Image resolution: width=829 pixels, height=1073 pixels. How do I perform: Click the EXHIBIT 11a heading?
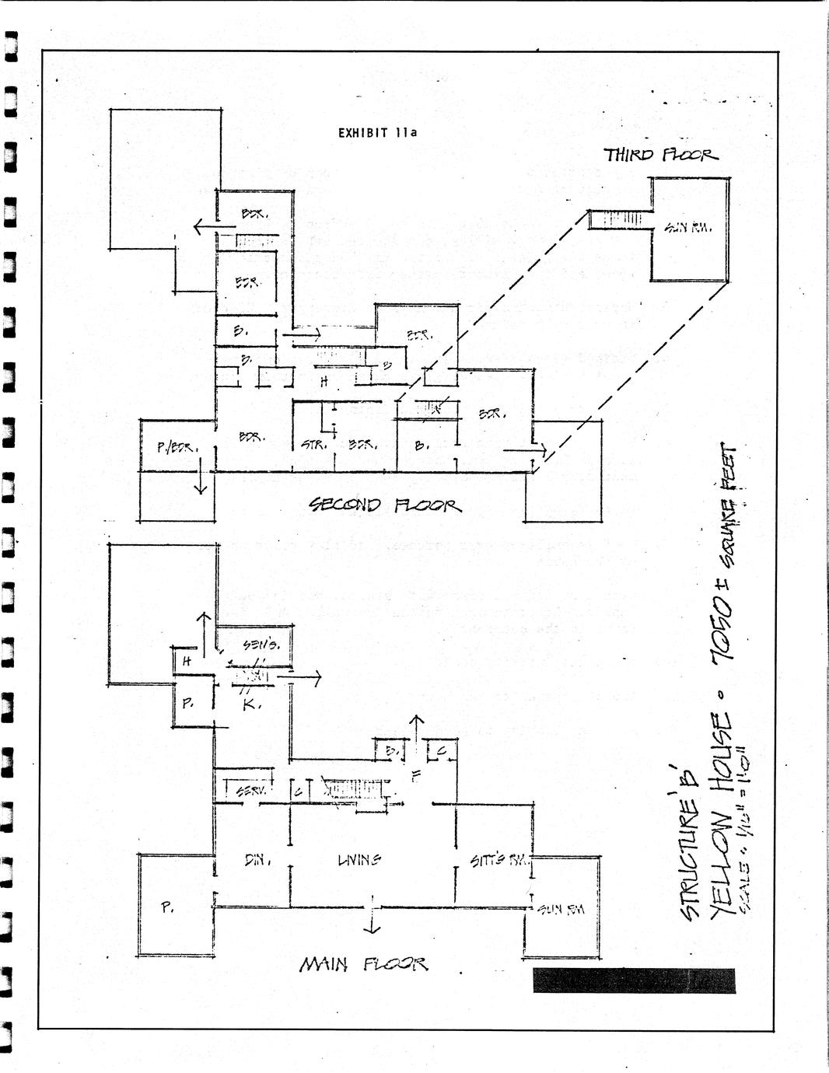pos(377,132)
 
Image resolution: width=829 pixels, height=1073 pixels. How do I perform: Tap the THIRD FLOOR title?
pos(660,155)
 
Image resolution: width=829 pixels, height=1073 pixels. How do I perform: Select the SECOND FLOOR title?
pos(385,505)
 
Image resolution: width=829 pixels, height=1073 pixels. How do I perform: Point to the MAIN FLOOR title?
pos(363,964)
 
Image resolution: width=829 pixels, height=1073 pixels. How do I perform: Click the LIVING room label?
pos(359,859)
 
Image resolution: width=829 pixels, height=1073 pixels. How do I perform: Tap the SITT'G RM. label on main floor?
pos(500,860)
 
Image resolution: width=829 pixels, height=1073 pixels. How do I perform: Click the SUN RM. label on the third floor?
pos(687,228)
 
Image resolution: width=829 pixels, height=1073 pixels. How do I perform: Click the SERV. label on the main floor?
pos(251,790)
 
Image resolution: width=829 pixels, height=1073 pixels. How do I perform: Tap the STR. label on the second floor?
pos(312,446)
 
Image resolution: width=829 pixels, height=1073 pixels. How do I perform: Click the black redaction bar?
pos(633,980)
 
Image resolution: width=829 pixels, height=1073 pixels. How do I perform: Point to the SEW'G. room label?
pos(256,644)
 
